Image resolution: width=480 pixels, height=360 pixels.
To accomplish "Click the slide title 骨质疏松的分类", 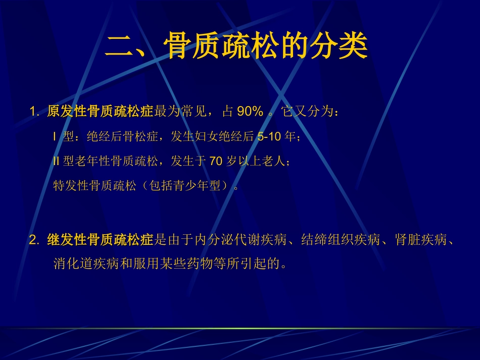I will tap(266, 48).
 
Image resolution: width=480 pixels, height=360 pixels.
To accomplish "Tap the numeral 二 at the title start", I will tap(119, 48).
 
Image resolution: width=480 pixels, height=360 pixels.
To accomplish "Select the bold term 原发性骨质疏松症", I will tap(100, 112).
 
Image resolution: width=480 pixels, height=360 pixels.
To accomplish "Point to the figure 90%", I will tap(250, 112).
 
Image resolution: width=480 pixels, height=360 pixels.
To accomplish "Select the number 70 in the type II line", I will tap(216, 161).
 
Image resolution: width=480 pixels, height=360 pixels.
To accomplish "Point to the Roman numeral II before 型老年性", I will tap(56, 161).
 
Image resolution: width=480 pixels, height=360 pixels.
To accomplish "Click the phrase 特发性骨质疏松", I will tap(95, 186).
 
